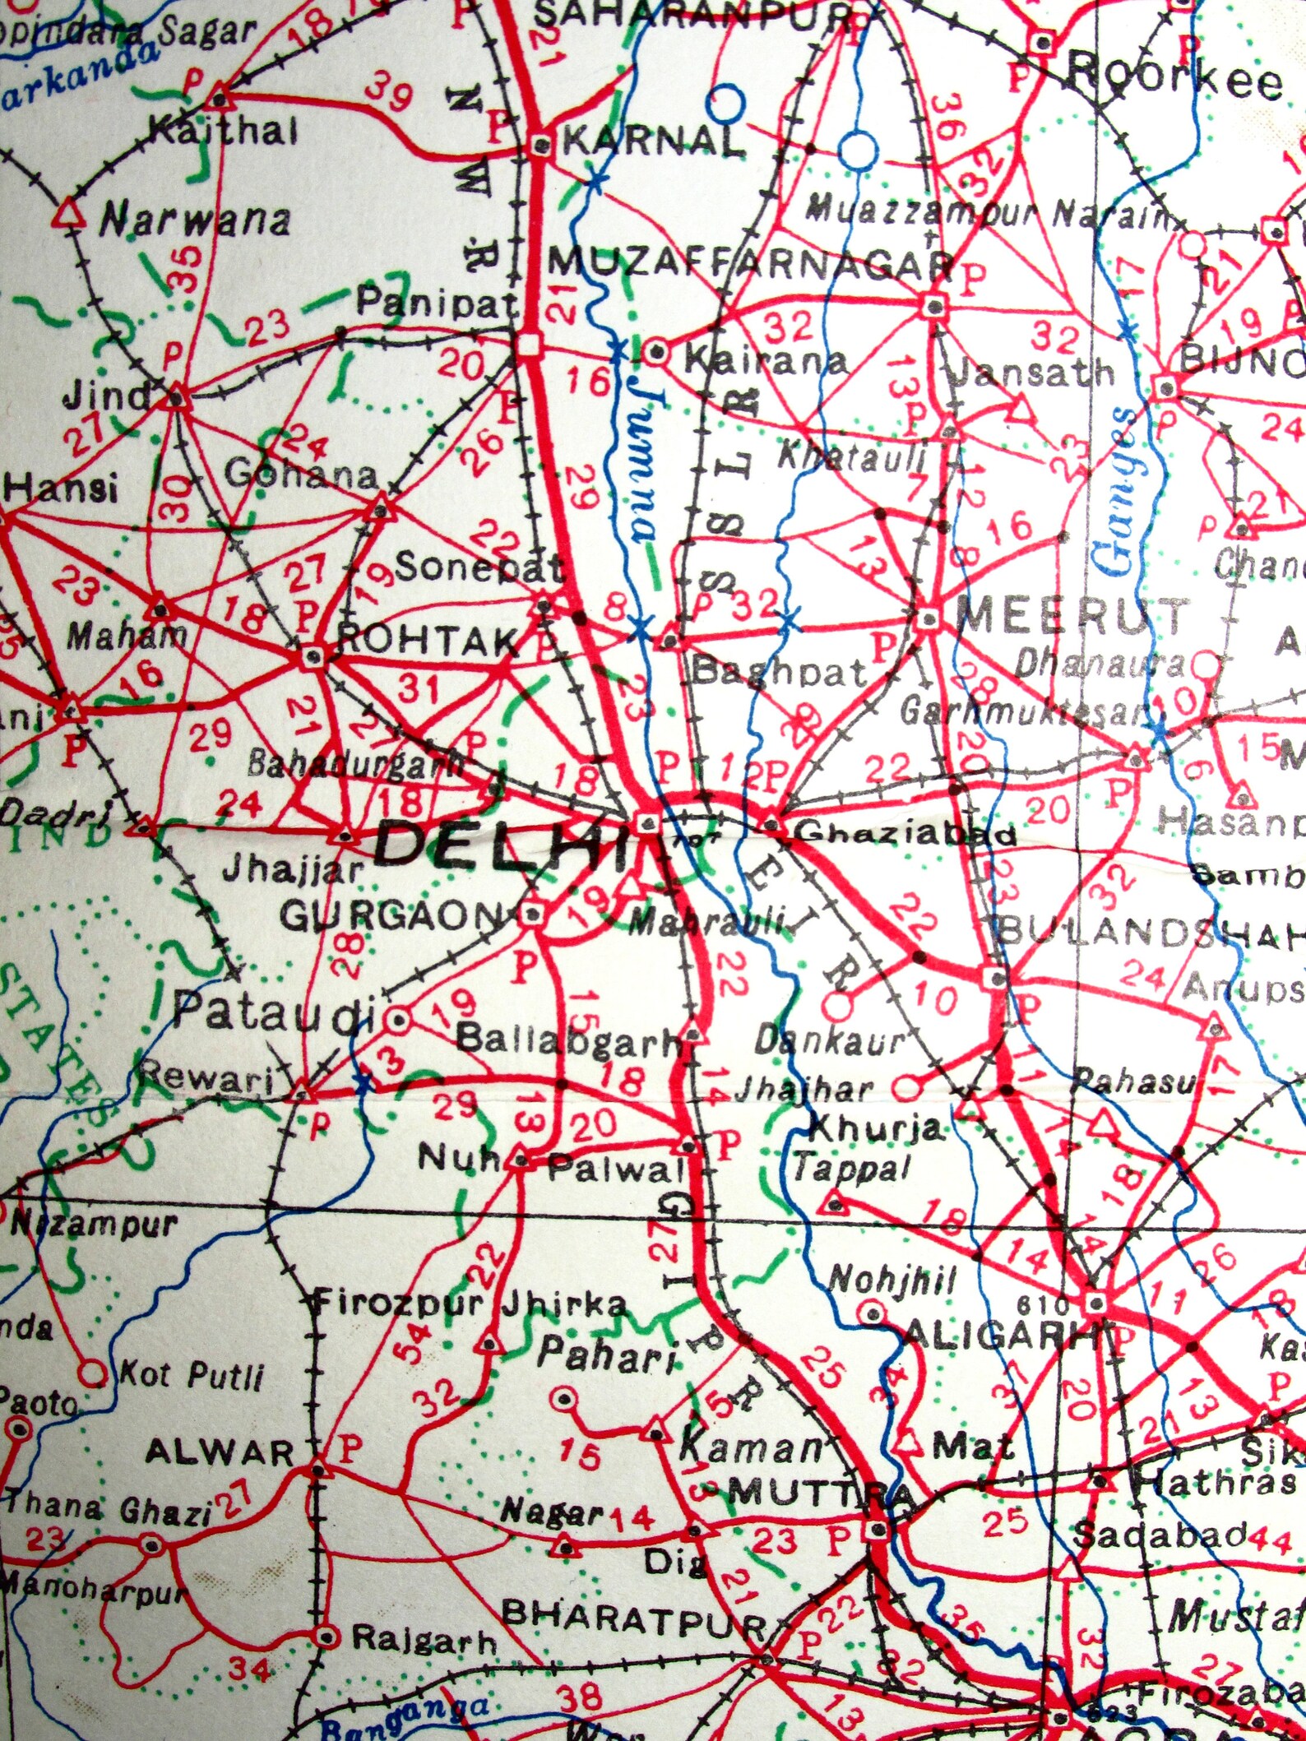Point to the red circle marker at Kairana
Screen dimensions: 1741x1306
point(656,353)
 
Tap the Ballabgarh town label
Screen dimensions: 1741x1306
point(567,1041)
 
